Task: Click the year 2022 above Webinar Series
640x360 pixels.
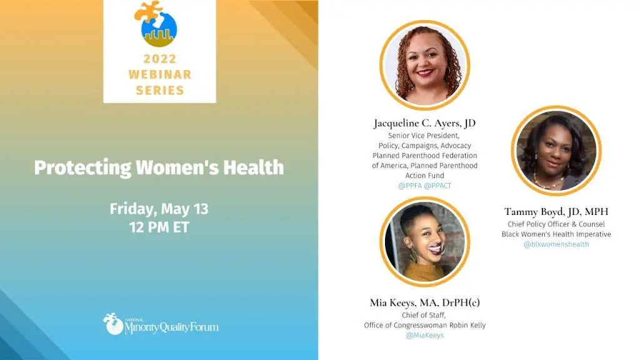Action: [x=159, y=59]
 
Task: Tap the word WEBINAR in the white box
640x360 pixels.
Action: [x=159, y=74]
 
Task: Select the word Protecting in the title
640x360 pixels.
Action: [x=82, y=167]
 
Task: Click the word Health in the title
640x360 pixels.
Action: [x=253, y=167]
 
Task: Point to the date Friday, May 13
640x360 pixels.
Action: [x=159, y=209]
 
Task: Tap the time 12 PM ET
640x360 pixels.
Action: [x=159, y=227]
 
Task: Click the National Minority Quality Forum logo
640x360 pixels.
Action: [x=161, y=324]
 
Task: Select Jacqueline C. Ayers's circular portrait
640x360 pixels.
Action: [x=424, y=65]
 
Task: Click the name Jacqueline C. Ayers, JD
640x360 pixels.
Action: [x=424, y=123]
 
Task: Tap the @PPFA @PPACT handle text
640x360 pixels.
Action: [x=424, y=186]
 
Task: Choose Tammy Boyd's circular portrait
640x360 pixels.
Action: [x=556, y=151]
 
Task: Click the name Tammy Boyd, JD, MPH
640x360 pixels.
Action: [x=556, y=211]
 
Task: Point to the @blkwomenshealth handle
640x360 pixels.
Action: [x=556, y=244]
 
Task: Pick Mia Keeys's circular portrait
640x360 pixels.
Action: [x=424, y=242]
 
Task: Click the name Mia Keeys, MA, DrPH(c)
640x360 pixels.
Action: [x=424, y=302]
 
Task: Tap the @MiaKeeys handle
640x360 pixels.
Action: [x=424, y=335]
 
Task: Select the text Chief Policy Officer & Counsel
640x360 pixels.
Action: [x=556, y=224]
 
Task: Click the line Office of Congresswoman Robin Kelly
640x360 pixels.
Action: [x=424, y=325]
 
